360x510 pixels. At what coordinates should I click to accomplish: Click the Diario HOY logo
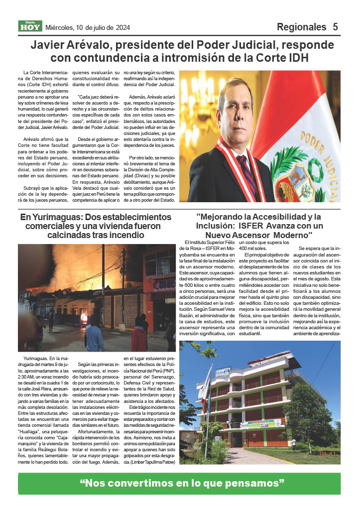coord(30,26)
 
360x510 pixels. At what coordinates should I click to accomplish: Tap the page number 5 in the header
coord(335,27)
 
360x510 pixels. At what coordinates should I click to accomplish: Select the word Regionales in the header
coord(301,27)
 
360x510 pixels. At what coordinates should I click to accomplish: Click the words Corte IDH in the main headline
coord(282,58)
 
